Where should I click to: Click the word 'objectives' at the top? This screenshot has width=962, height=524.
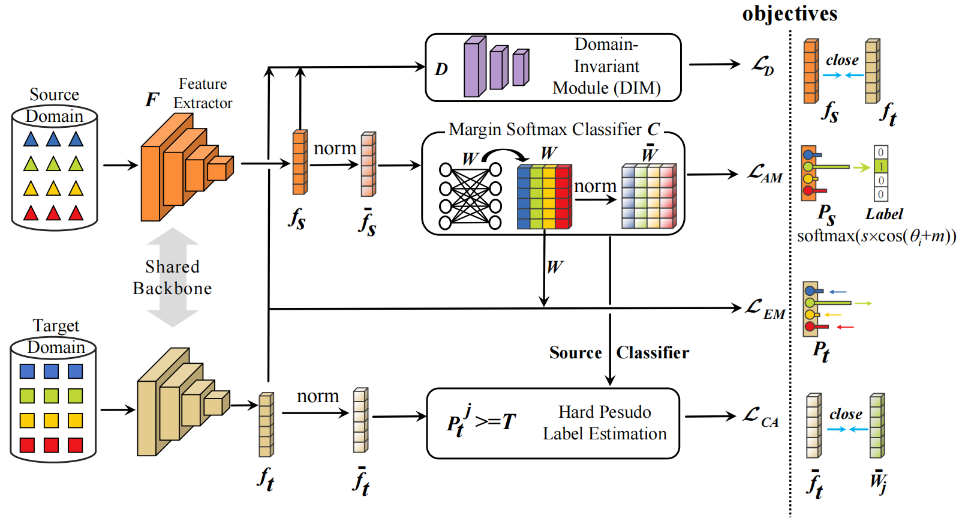click(x=789, y=13)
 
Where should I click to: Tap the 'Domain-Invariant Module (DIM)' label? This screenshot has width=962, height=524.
click(x=606, y=66)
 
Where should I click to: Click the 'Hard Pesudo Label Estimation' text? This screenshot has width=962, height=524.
click(x=605, y=423)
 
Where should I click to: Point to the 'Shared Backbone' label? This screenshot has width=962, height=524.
click(x=172, y=277)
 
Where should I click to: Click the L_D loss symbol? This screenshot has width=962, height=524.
click(x=763, y=65)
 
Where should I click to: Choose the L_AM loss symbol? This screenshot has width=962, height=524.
click(x=764, y=174)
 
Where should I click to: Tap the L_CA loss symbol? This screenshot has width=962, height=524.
click(x=760, y=417)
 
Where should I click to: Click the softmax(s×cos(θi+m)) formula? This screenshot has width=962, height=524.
click(x=876, y=236)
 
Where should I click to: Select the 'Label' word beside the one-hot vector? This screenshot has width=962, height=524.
click(x=884, y=214)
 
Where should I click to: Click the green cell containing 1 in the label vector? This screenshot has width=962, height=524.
click(x=880, y=166)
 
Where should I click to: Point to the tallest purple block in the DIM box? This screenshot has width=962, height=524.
click(x=474, y=67)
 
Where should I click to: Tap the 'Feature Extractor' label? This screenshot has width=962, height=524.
click(x=203, y=93)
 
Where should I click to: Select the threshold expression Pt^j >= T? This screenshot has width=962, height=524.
click(x=481, y=421)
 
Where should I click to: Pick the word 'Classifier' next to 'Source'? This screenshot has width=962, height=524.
click(x=653, y=352)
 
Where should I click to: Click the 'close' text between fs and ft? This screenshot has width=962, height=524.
click(x=842, y=60)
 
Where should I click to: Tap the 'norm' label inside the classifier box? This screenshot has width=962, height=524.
click(x=595, y=186)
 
